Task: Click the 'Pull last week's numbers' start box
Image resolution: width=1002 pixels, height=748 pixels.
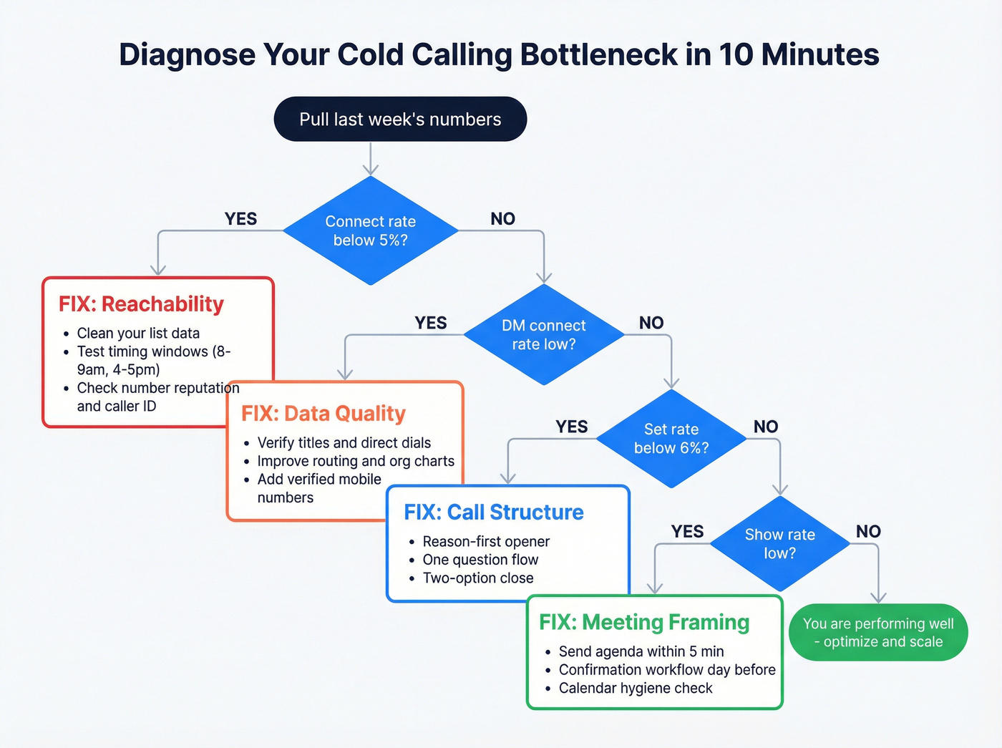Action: click(400, 119)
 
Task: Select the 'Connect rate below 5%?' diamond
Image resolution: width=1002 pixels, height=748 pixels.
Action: click(370, 230)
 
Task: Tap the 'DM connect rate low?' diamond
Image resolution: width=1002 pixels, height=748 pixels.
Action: click(544, 334)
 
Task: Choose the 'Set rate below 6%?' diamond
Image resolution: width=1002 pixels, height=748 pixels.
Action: click(671, 438)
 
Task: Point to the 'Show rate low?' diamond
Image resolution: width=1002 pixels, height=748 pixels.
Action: click(779, 543)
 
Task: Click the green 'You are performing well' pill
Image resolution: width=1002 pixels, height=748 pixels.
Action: click(878, 632)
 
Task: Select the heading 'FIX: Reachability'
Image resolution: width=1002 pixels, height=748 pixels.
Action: click(141, 303)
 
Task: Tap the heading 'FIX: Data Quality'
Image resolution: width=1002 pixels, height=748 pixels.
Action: click(324, 413)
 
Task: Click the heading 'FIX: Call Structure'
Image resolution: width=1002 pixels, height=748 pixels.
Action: click(494, 512)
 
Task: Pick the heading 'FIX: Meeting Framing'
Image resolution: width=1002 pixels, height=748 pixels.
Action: click(644, 622)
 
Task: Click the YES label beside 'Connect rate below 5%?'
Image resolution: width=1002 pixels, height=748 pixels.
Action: click(240, 219)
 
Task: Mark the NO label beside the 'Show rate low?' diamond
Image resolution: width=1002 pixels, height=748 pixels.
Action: click(868, 531)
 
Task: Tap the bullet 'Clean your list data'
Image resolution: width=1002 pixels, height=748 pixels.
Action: click(138, 333)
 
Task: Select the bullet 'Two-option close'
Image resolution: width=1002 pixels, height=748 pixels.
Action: click(478, 578)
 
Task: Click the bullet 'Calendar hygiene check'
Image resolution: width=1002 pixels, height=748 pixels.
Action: click(636, 688)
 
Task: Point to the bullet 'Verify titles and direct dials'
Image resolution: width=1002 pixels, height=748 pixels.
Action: click(344, 442)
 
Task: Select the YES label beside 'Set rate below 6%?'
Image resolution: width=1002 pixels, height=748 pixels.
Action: click(572, 427)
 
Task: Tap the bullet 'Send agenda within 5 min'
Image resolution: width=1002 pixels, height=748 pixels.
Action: click(641, 651)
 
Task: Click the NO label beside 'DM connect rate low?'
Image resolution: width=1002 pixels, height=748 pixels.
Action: click(651, 323)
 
